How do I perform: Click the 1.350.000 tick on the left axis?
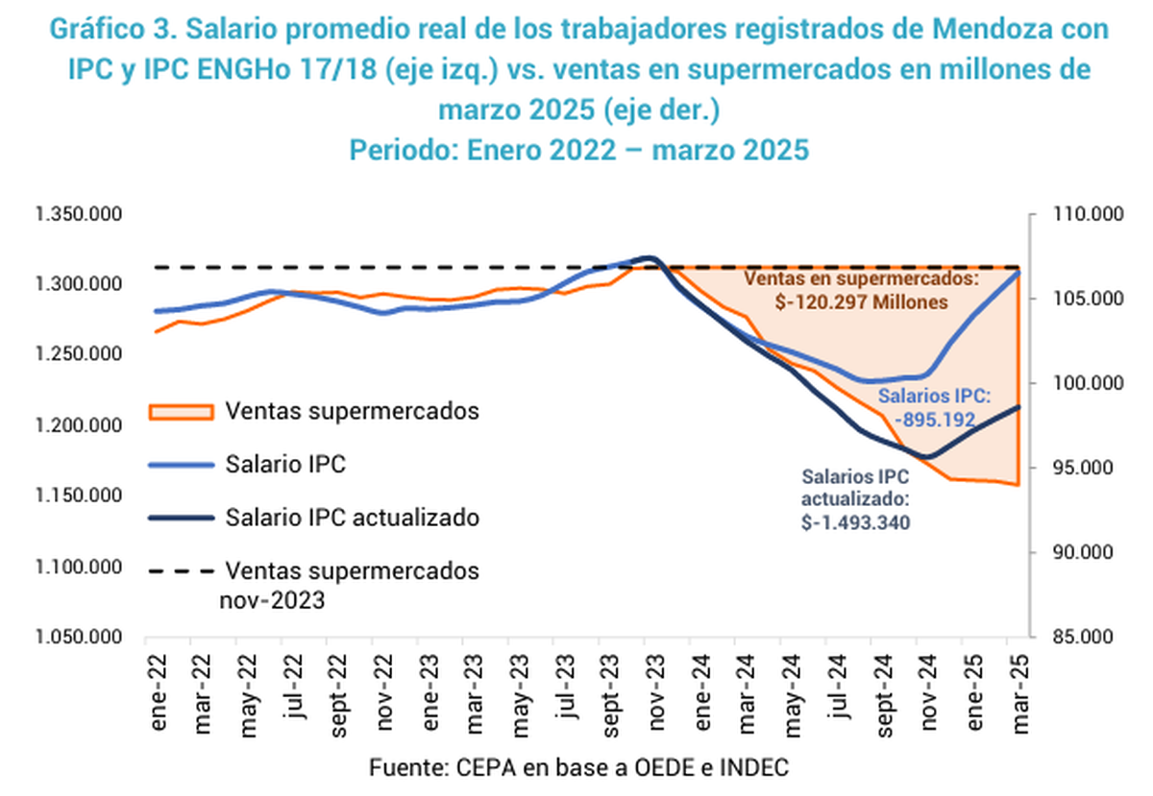[x=78, y=214]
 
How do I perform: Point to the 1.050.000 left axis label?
[x=78, y=637]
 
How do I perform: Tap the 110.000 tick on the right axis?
[x=1088, y=214]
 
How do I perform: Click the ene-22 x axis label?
[x=158, y=692]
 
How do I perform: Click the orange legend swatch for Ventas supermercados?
[x=182, y=412]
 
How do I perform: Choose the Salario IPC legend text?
[x=285, y=464]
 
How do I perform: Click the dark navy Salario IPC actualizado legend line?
[x=182, y=519]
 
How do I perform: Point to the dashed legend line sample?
[x=182, y=571]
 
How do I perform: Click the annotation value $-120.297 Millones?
[x=861, y=302]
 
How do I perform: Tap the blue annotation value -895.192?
[x=935, y=420]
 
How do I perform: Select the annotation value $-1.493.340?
[x=855, y=522]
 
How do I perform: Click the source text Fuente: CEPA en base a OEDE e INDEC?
[x=578, y=768]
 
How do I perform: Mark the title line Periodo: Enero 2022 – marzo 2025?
[x=579, y=150]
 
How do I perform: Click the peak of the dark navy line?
[x=650, y=257]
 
